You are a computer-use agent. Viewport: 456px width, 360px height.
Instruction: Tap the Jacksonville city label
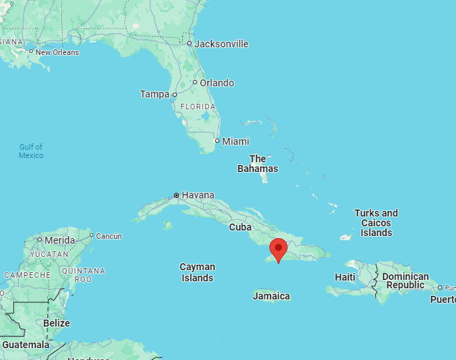click(x=221, y=44)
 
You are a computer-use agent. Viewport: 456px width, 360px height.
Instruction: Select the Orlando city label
click(x=217, y=83)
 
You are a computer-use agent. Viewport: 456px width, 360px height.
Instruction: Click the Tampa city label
click(x=155, y=94)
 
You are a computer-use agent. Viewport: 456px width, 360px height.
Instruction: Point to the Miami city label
click(x=235, y=141)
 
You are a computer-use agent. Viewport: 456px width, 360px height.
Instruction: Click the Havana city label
click(x=198, y=195)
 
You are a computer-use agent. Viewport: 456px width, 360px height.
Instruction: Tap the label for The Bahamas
click(x=258, y=164)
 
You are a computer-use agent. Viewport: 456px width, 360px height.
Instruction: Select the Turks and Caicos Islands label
click(x=376, y=223)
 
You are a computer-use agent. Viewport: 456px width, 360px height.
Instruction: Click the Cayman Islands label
click(x=197, y=272)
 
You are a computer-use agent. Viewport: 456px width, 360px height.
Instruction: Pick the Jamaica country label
click(x=272, y=296)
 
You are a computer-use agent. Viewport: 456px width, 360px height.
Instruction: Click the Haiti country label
click(x=345, y=277)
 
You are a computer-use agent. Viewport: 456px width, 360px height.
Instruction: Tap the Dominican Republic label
click(x=405, y=281)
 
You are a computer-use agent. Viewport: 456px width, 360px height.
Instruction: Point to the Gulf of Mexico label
click(x=31, y=151)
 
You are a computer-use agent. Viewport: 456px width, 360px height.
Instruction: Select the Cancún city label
click(x=109, y=236)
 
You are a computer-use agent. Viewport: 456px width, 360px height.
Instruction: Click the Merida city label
click(x=60, y=240)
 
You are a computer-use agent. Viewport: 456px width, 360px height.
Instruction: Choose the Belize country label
click(x=56, y=323)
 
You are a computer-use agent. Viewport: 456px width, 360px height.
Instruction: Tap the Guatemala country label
click(x=26, y=345)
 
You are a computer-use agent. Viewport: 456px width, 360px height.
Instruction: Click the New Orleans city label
click(x=57, y=52)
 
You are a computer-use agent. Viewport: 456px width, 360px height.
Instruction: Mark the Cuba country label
click(x=240, y=227)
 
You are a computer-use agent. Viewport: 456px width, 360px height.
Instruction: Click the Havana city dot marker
click(x=176, y=195)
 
